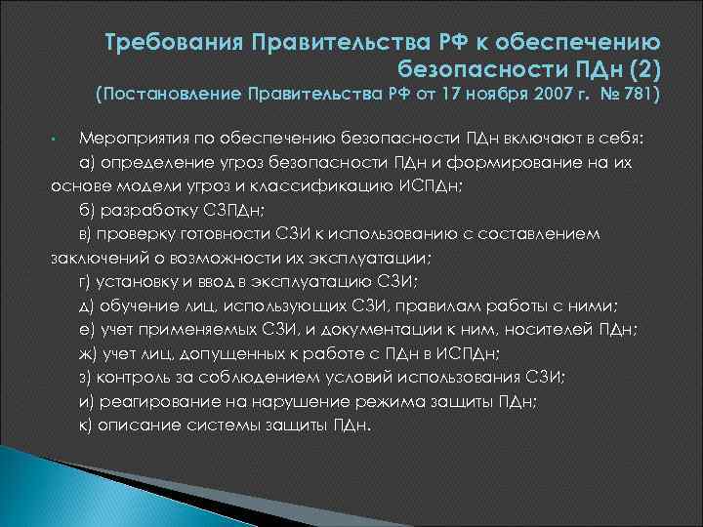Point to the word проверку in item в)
(139, 233)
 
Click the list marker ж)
(88, 353)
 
